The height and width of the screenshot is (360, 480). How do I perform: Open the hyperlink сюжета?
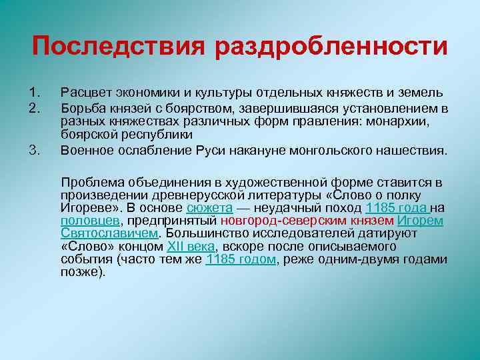209,208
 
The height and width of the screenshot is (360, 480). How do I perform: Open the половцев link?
90,221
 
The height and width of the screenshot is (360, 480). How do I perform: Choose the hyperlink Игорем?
421,221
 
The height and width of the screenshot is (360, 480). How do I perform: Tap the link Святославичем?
110,233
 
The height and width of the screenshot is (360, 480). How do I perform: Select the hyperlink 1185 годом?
241,259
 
